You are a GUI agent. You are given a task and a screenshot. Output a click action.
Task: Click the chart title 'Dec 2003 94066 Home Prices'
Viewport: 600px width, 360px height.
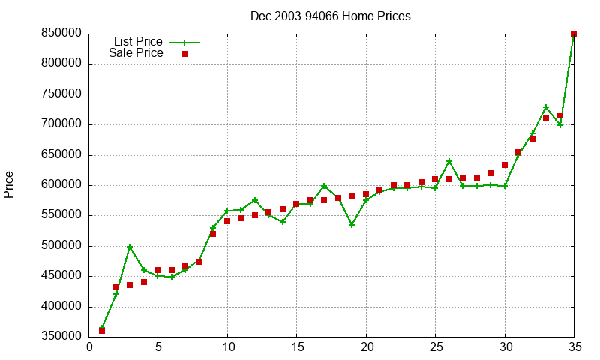coord(330,16)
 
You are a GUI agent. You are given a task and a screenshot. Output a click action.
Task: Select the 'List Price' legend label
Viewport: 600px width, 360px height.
coord(137,42)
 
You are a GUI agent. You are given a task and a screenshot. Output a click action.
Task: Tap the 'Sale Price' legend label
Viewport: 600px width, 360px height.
coord(136,53)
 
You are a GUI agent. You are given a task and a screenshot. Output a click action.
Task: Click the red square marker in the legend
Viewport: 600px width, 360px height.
coord(184,54)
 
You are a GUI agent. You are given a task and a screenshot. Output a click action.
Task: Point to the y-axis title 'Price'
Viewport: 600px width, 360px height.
coord(9,184)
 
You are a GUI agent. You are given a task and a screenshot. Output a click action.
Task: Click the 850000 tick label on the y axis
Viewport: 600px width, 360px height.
coord(61,34)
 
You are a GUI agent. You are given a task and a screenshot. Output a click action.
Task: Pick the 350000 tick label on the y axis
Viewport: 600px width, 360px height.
coord(61,337)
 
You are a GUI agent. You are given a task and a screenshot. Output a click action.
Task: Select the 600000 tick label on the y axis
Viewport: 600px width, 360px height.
coord(61,185)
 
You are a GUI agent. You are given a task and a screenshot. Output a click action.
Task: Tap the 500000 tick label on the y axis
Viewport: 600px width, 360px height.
coord(61,246)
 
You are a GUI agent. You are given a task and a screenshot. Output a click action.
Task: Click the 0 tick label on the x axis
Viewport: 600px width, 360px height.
coord(89,347)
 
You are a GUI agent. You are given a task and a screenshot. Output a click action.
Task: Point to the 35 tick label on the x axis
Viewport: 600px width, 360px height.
coord(574,347)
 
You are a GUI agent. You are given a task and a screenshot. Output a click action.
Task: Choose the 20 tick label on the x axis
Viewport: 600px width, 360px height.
coord(366,347)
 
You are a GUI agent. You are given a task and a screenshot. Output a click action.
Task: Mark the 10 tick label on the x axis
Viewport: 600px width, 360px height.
coord(228,347)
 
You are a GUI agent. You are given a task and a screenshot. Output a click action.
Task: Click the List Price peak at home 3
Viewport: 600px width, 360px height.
coord(130,247)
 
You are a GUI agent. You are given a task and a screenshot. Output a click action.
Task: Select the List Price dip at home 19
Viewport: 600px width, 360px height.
coord(352,225)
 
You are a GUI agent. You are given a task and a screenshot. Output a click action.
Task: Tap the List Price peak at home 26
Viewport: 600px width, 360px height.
coord(449,162)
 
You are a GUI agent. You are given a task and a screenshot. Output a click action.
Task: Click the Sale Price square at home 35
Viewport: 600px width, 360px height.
coord(574,34)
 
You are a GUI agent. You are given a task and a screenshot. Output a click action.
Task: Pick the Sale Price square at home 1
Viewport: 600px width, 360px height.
coord(102,331)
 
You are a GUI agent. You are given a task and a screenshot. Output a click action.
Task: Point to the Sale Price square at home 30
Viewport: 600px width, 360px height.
coord(505,165)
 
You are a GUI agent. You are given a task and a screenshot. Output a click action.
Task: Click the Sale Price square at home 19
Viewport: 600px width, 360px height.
coord(352,196)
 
